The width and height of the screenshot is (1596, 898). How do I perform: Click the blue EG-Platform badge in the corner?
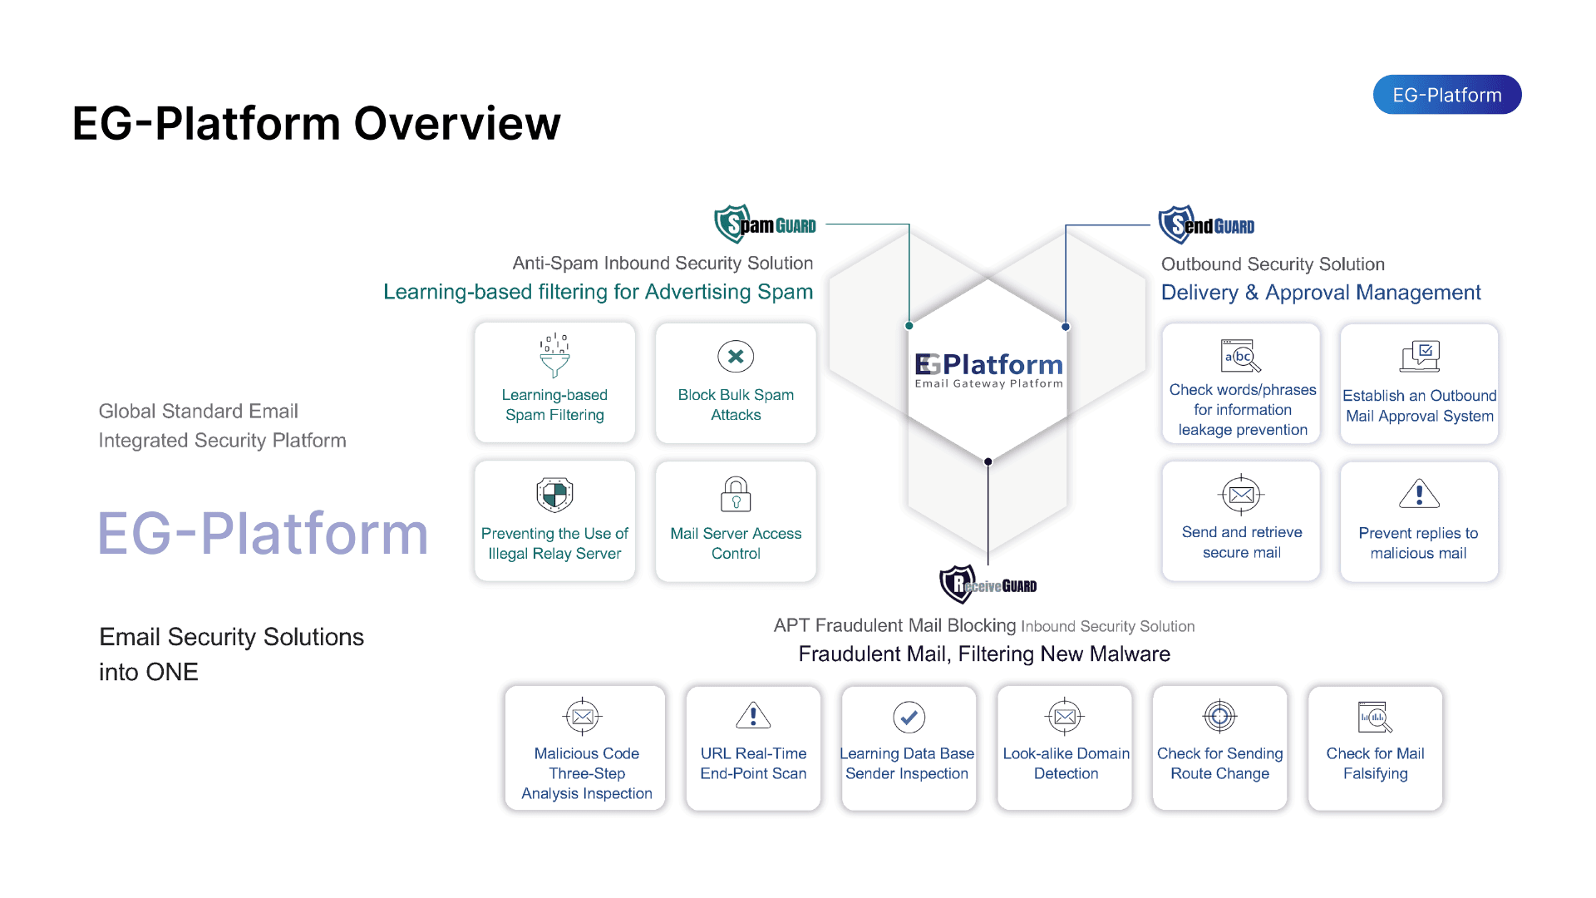1446,95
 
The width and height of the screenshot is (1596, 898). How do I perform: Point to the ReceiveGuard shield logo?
957,585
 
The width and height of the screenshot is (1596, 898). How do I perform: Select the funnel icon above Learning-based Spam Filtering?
554,356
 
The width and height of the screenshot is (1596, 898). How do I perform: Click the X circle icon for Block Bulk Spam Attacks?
736,357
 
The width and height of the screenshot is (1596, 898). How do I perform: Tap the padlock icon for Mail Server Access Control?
736,494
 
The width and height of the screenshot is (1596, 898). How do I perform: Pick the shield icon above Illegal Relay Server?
554,495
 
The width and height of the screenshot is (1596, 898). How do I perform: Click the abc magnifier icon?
1240,356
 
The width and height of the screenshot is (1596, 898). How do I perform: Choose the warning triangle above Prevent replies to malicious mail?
1419,494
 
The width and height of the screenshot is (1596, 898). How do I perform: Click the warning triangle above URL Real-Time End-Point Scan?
753,715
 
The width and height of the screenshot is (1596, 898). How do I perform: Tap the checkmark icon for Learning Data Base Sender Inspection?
909,716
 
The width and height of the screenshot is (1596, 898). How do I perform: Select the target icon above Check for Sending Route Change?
1219,715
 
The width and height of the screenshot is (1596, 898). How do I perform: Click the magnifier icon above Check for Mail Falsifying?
1375,717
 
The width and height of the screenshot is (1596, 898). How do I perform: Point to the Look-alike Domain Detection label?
1066,763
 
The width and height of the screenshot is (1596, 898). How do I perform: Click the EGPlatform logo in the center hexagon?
988,369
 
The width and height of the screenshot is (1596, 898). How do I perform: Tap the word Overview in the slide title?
457,124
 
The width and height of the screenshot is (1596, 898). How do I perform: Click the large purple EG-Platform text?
263,533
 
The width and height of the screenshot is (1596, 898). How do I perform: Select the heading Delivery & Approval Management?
1320,293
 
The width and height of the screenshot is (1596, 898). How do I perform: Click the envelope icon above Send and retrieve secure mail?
1241,495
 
